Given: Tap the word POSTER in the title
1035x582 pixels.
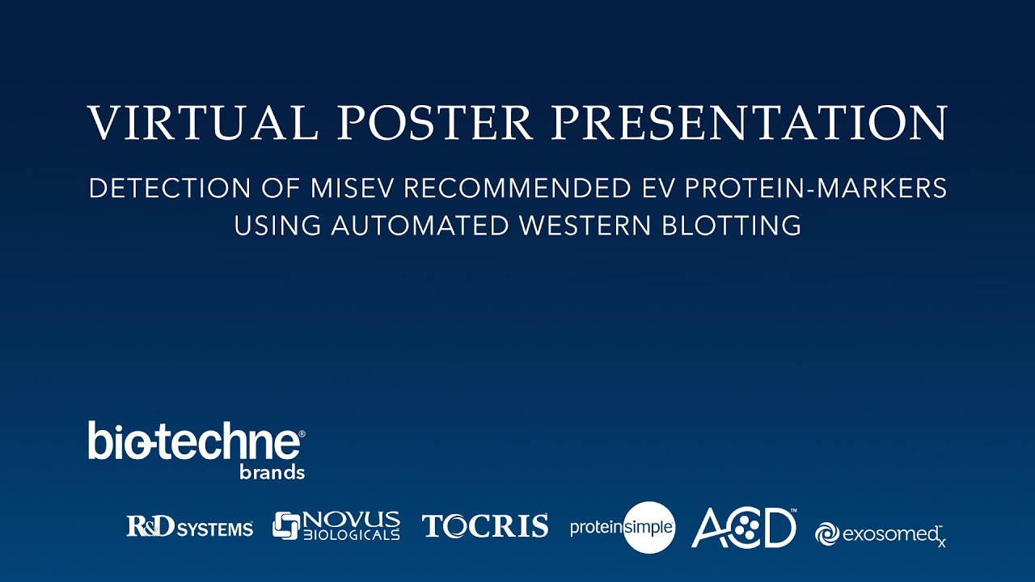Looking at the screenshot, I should [x=437, y=123].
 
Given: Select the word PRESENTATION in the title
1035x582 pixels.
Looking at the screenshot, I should [x=750, y=123].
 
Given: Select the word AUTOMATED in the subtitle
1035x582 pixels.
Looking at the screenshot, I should [x=420, y=226].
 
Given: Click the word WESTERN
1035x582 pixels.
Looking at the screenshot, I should [x=594, y=226].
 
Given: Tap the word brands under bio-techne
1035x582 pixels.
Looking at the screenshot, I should [x=272, y=473].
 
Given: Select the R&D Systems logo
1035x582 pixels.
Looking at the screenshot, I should [x=189, y=528].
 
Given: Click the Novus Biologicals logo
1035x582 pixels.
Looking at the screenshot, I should [x=336, y=526].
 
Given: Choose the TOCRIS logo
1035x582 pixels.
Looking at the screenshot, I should [x=485, y=526].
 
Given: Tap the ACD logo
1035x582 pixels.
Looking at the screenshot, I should [x=744, y=528].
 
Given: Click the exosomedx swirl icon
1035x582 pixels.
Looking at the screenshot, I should [x=826, y=533].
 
